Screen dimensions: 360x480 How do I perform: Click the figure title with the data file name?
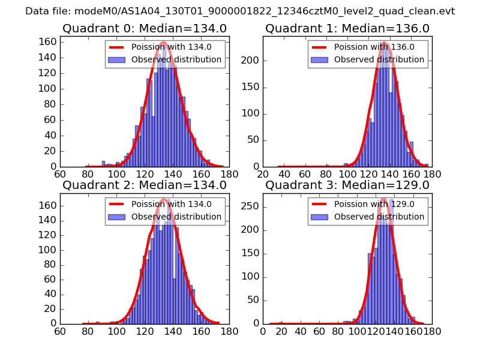(x=240, y=11)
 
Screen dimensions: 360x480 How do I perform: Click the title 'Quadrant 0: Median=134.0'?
(x=145, y=28)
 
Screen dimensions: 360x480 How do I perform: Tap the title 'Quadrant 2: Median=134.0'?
(x=145, y=185)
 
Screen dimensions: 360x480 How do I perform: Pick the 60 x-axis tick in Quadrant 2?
(x=60, y=331)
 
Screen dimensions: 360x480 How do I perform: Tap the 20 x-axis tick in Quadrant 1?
(x=263, y=174)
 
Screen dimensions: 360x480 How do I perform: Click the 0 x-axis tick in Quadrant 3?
(x=263, y=331)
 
